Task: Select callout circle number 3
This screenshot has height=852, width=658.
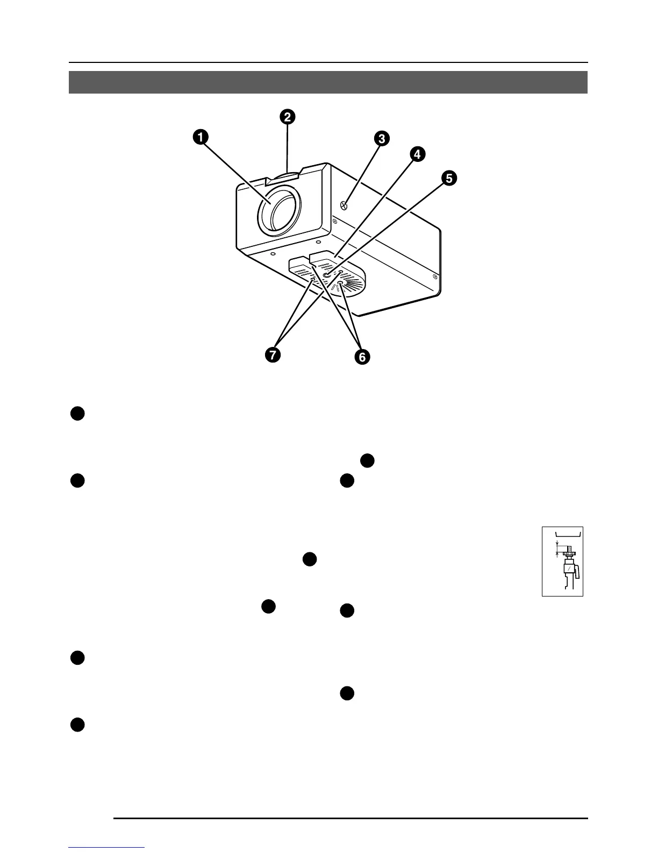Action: [x=381, y=139]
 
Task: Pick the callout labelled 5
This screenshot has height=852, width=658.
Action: [x=448, y=178]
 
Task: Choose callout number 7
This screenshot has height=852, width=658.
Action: [x=273, y=355]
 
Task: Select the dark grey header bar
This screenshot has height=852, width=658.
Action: [x=328, y=82]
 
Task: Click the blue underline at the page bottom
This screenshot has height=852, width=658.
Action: [x=107, y=847]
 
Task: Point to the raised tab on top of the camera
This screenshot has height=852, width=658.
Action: [x=288, y=175]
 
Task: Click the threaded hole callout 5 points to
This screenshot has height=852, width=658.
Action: [x=326, y=275]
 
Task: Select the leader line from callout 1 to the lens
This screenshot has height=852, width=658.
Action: [x=234, y=167]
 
